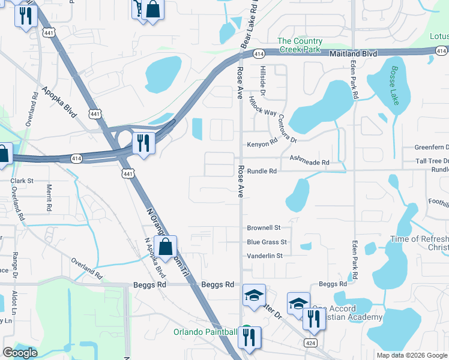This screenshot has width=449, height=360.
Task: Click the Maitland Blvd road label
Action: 354,54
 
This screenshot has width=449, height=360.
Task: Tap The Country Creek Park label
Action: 300,45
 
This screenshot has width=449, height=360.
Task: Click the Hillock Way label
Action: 262,107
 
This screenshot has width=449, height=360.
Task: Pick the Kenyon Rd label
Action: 262,144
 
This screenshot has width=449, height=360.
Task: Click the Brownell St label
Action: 264,228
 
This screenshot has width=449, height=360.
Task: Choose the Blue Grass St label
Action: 267,242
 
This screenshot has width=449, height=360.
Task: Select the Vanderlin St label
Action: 265,256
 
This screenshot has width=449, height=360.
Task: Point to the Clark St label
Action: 22,180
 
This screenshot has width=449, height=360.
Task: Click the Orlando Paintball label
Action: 205,332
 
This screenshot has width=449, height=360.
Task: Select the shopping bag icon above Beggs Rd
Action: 165,246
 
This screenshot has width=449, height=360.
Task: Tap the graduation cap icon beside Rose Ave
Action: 254,295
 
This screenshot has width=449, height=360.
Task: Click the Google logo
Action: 20,353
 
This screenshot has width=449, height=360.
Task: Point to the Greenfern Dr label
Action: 431,148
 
